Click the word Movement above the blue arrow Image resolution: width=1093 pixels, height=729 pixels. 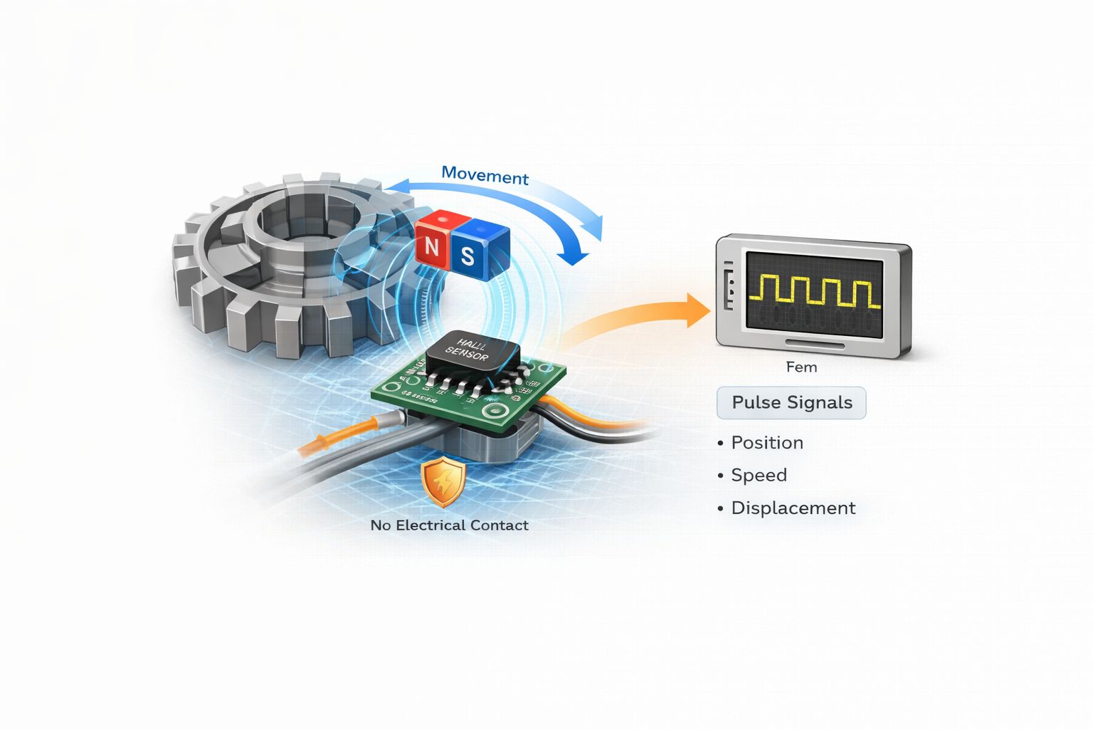[x=485, y=175]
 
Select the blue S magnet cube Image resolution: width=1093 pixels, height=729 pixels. [x=469, y=253]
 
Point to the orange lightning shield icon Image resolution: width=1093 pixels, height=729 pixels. [x=443, y=482]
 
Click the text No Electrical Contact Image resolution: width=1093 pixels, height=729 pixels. [x=449, y=525]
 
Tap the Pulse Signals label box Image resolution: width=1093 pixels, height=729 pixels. [x=791, y=403]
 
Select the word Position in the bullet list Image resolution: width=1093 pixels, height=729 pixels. [x=767, y=443]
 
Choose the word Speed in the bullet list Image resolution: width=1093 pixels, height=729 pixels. [x=759, y=476]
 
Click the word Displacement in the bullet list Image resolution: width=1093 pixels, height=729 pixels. [x=793, y=508]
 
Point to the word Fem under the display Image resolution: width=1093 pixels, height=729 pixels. [x=801, y=367]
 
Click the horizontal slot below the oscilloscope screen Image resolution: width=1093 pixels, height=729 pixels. [x=815, y=345]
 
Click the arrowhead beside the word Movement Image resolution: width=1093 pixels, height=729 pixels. [x=398, y=186]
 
